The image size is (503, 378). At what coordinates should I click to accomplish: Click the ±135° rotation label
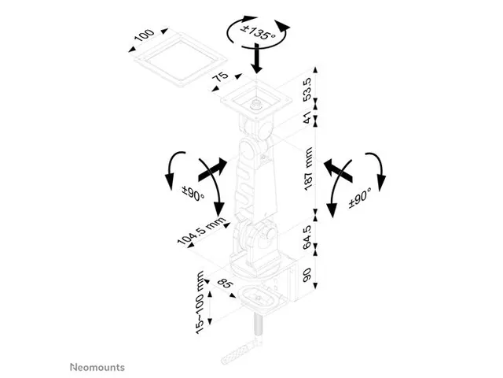[x=259, y=33]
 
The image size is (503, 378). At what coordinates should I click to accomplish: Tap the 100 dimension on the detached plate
[x=144, y=35]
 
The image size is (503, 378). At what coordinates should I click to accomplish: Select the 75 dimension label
[x=220, y=77]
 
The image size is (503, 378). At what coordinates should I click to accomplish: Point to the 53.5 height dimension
[x=307, y=89]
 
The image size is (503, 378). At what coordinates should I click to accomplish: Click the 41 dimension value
[x=307, y=117]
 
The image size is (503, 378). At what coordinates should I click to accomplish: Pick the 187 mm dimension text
[x=308, y=169]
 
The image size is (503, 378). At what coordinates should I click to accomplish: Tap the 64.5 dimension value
[x=307, y=237]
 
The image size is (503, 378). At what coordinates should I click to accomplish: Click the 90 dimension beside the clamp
[x=307, y=275]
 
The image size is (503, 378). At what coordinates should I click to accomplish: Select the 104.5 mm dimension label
[x=202, y=231]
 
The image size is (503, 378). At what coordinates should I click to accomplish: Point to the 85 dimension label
[x=225, y=283]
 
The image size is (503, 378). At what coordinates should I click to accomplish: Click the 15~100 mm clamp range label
[x=200, y=302]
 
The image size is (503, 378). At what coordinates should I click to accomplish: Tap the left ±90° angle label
[x=193, y=194]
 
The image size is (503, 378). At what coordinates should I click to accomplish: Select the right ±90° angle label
[x=360, y=197]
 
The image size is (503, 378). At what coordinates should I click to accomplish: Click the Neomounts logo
[x=97, y=367]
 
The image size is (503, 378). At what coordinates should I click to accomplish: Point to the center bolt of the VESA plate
[x=256, y=105]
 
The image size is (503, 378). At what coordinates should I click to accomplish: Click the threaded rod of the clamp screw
[x=258, y=328]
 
